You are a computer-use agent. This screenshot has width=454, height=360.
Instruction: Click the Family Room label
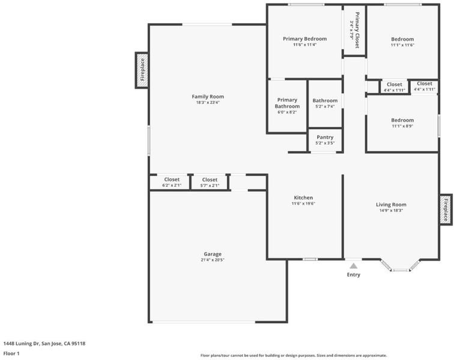coord(208,97)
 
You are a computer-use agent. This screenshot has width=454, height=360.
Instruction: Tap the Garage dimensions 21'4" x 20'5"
coord(213,260)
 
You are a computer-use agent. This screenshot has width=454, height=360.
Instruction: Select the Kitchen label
coord(303,197)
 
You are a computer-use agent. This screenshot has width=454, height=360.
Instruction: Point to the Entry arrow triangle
coord(353,266)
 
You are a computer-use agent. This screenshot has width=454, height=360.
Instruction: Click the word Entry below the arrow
coord(354,275)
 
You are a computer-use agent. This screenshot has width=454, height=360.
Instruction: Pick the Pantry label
coord(325,137)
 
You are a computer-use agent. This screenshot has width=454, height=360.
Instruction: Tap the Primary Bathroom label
coord(287,103)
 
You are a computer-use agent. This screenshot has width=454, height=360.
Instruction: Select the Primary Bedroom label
coord(305,39)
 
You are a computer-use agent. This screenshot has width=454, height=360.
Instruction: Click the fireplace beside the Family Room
coord(142,70)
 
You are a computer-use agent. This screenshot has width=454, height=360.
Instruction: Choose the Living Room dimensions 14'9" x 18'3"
coord(391,211)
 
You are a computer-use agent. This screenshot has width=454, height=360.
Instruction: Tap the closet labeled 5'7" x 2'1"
coord(210,182)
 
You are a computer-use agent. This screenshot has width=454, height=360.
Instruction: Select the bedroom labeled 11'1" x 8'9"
coord(402,123)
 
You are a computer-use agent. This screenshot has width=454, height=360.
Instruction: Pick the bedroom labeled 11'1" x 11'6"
coord(402,41)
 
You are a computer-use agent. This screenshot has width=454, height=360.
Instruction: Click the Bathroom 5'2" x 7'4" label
coord(325,103)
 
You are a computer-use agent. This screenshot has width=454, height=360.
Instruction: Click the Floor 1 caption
coord(11,353)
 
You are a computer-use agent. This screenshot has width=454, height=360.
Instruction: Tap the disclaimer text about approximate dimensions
coord(294,355)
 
